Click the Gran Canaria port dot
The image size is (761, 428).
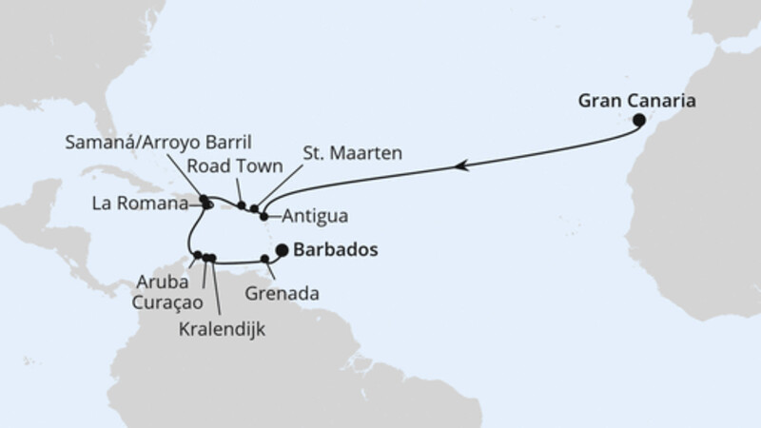pyautogui.click(x=639, y=120)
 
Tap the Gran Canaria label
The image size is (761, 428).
pyautogui.click(x=635, y=99)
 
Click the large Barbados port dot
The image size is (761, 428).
pyautogui.click(x=282, y=250)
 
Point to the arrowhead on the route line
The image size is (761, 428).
pyautogui.click(x=461, y=166)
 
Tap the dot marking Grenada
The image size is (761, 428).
pyautogui.click(x=264, y=259)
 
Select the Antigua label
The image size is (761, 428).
pyautogui.click(x=308, y=215)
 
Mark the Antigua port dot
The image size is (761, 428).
pyautogui.click(x=263, y=217)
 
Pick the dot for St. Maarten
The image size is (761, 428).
pyautogui.click(x=254, y=209)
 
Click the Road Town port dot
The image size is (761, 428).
pyautogui.click(x=242, y=204)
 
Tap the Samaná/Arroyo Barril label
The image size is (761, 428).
pyautogui.click(x=158, y=142)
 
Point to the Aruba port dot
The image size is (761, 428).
pyautogui.click(x=197, y=255)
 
